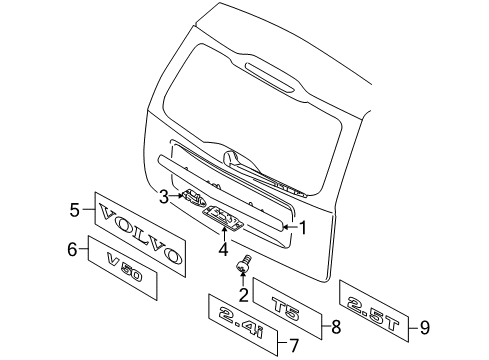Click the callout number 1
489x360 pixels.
point(303,228)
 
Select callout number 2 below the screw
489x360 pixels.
point(243,295)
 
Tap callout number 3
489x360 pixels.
point(164,197)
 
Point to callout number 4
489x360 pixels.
point(223,249)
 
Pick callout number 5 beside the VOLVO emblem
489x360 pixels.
point(75,210)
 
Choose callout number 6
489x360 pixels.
point(72,249)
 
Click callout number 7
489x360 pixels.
point(294,345)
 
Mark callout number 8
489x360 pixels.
point(336,326)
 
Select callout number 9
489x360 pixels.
point(425,328)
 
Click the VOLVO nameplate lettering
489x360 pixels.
point(140,234)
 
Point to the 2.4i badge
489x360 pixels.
point(241,323)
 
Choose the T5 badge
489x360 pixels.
point(285,309)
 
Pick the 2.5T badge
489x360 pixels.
point(373,312)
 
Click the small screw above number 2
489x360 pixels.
point(244,263)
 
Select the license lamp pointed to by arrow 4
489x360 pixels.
point(223,217)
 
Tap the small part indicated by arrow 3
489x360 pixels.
point(193,197)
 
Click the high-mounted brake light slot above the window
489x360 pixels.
point(270,77)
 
